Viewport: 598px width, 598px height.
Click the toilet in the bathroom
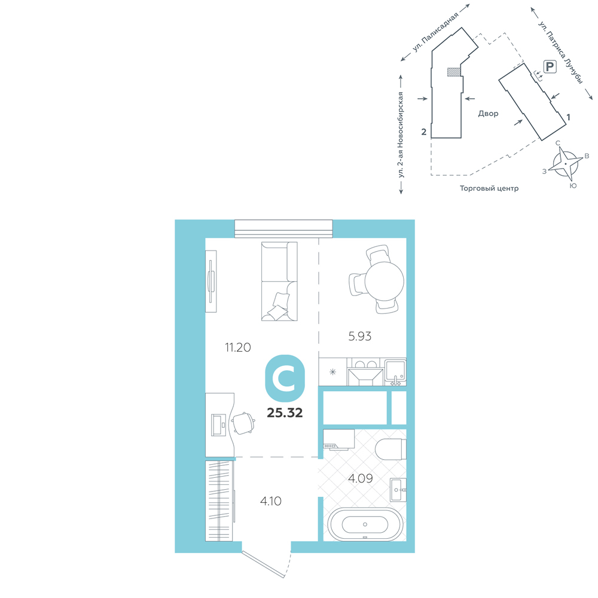[x=390, y=449]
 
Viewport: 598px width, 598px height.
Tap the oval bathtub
[x=365, y=524]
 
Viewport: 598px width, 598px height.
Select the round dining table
[x=384, y=282]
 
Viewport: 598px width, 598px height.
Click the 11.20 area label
[x=238, y=347]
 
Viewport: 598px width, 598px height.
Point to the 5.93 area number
[x=359, y=336]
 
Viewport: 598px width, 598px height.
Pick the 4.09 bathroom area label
[x=361, y=478]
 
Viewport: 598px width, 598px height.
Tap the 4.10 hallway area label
[x=271, y=501]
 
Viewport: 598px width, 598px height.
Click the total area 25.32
[x=285, y=413]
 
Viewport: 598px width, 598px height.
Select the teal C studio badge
[x=285, y=379]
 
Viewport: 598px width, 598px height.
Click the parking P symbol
[x=550, y=67]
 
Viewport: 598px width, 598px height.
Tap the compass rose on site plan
[x=566, y=164]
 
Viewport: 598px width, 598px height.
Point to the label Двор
[x=488, y=114]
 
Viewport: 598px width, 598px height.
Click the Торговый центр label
[x=489, y=188]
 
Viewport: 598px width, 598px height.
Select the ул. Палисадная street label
[x=435, y=32]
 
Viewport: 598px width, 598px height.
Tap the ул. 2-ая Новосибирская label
[x=401, y=135]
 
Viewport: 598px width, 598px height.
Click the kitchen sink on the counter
[x=395, y=371]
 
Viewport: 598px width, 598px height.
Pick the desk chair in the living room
[x=243, y=423]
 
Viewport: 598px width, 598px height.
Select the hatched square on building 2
[x=453, y=72]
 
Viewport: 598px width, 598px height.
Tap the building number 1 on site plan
[x=568, y=117]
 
